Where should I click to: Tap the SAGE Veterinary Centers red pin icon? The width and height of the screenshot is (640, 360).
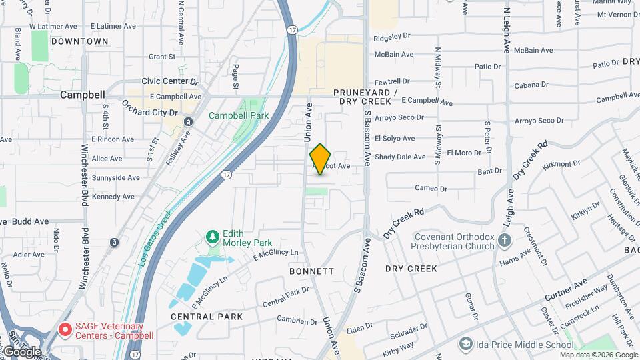click(x=65, y=329)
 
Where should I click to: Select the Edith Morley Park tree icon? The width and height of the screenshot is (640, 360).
click(x=213, y=237)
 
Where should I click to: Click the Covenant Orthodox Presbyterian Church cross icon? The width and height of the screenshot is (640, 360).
click(x=505, y=241)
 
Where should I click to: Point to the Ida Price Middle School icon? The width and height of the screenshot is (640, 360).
click(x=466, y=345)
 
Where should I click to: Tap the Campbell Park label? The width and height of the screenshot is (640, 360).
click(x=238, y=115)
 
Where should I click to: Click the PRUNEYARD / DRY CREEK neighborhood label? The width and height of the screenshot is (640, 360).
click(x=365, y=97)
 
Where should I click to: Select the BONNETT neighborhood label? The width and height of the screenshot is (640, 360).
click(x=311, y=271)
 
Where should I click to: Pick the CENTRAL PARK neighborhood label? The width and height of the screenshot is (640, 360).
click(x=206, y=317)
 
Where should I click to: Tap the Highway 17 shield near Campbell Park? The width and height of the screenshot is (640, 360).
click(x=227, y=175)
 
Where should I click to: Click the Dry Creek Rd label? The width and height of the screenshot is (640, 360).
click(x=404, y=223)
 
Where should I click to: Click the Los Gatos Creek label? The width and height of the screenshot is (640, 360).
click(x=155, y=238)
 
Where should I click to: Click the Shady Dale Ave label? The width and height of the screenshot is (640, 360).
click(x=400, y=157)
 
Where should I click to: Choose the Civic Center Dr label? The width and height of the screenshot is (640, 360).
click(x=170, y=81)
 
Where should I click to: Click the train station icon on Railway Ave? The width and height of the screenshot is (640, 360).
click(x=189, y=122)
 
